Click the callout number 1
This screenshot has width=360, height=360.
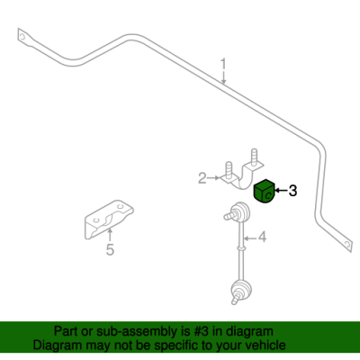click(x=223, y=66)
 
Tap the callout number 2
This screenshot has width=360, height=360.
click(x=202, y=178)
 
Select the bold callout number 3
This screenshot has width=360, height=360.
click(x=292, y=191)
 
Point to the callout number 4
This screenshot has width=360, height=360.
click(x=262, y=238)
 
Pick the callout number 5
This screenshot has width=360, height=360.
click(x=110, y=249)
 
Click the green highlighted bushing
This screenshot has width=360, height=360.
click(x=265, y=191)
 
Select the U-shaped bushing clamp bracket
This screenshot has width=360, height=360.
click(x=242, y=175)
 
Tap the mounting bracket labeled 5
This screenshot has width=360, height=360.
click(x=108, y=220)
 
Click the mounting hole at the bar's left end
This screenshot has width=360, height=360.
click(x=22, y=37)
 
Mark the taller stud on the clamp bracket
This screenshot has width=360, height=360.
click(x=254, y=157)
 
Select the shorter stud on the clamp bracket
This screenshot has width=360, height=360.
click(x=229, y=170)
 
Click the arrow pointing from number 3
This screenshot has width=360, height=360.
click(x=281, y=190)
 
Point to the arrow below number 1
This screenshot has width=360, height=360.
click(x=223, y=78)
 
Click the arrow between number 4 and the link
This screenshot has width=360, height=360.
click(x=250, y=238)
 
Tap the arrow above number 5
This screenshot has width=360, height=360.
click(x=110, y=235)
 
